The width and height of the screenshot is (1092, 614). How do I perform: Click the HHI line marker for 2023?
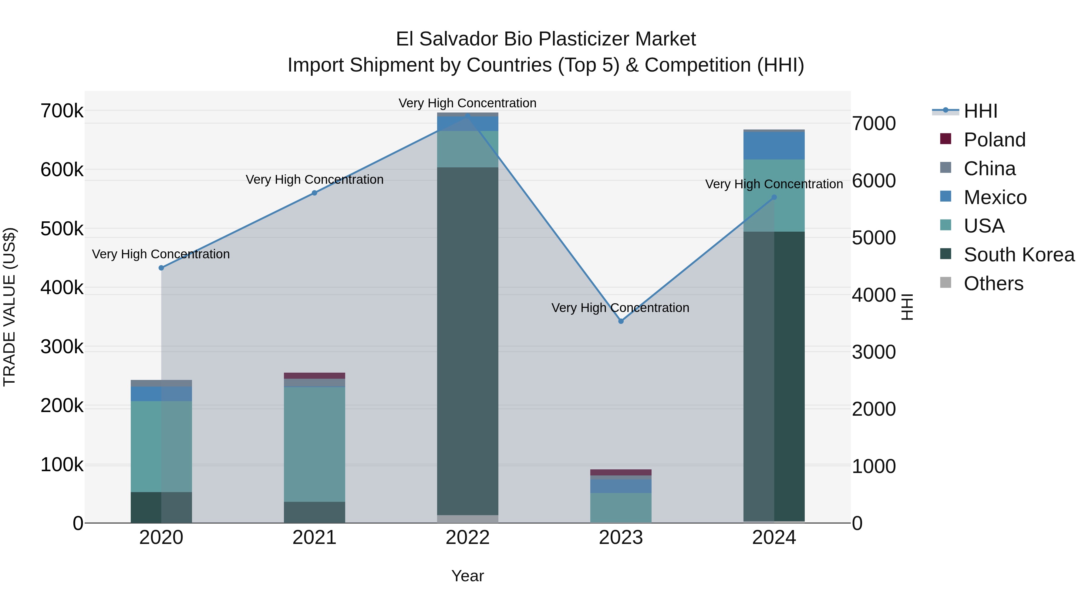pos(621,321)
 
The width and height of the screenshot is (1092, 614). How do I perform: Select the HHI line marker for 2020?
pos(161,268)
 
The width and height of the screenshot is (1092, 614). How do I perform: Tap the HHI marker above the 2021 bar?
pos(315,193)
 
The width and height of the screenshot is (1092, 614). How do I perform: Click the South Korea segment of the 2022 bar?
pos(467,339)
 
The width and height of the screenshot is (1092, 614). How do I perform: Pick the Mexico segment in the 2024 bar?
pos(774,146)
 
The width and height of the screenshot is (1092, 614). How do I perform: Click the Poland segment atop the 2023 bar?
pos(621,472)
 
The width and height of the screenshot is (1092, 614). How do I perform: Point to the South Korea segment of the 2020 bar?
pos(161,507)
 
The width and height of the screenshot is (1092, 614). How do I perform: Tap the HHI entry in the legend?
pos(980,111)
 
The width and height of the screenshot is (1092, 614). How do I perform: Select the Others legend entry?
pos(993,284)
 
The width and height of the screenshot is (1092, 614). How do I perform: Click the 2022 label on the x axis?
pos(467,538)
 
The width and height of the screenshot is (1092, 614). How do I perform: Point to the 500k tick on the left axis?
pos(62,229)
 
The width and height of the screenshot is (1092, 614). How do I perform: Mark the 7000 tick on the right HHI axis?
pos(874,124)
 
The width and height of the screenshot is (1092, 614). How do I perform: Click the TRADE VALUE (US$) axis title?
pos(9,307)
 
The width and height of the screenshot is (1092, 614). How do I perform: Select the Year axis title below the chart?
pos(467,576)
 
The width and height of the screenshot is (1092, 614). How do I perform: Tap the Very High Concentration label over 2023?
pos(620,308)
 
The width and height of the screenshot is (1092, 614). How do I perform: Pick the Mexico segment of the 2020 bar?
pos(161,394)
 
